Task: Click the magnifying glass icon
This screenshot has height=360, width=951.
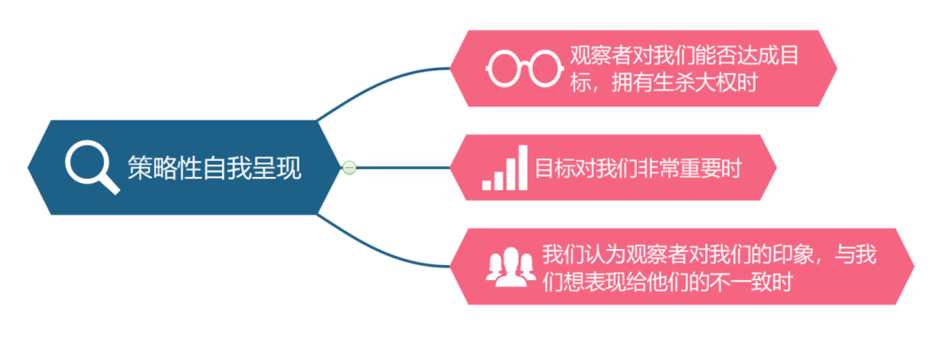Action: pos(92,166)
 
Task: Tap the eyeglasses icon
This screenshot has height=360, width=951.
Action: pos(525,68)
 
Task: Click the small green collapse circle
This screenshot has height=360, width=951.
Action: pos(350,167)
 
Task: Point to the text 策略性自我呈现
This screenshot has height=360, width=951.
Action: pos(214,167)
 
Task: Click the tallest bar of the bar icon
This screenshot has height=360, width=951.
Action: pos(522,167)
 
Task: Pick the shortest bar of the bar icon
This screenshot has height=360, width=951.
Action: pos(487,184)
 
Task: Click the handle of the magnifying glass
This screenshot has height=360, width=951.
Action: pos(109,183)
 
